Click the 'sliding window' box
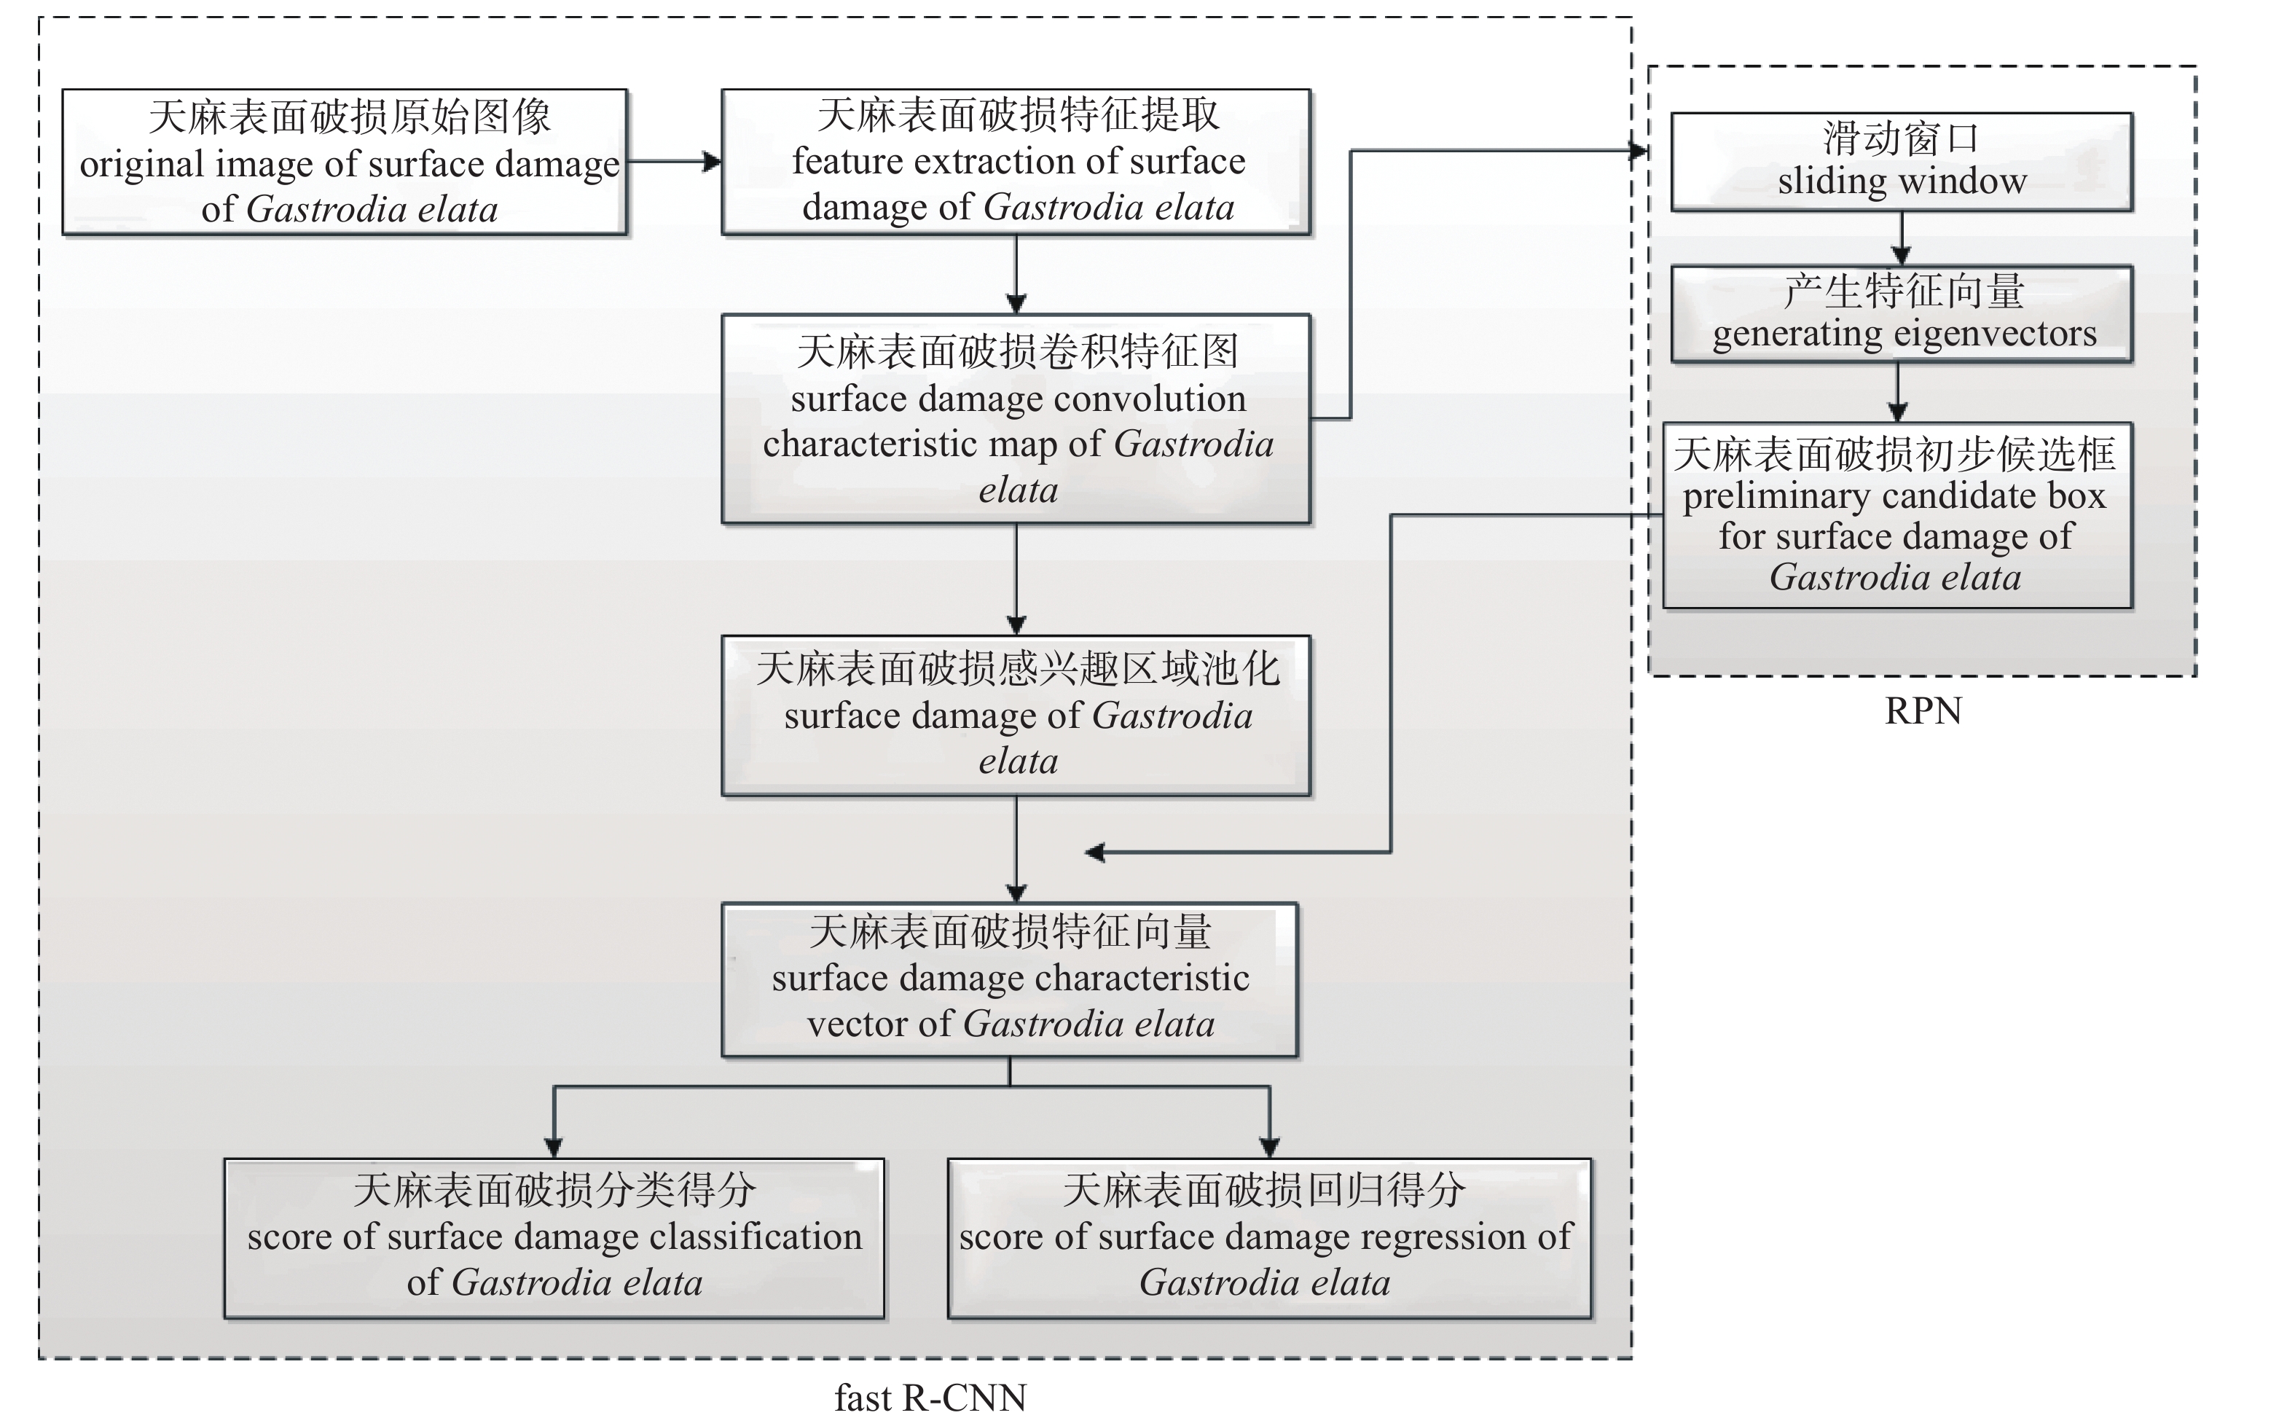click(x=1901, y=161)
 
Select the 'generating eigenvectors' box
click(x=1901, y=314)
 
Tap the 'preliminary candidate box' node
click(x=1896, y=515)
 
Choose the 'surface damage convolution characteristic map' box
click(x=1016, y=419)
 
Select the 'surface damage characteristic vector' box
click(x=1009, y=979)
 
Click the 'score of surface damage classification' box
click(x=554, y=1237)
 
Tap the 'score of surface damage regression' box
click(x=1268, y=1237)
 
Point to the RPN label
click(x=1923, y=711)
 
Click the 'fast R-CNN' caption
click(x=930, y=1398)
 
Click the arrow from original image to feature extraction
click(x=674, y=161)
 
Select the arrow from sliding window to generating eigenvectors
click(x=1901, y=238)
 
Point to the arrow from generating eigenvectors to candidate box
click(x=1898, y=392)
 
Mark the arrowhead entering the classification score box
click(x=554, y=1147)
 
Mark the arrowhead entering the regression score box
click(x=1269, y=1147)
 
